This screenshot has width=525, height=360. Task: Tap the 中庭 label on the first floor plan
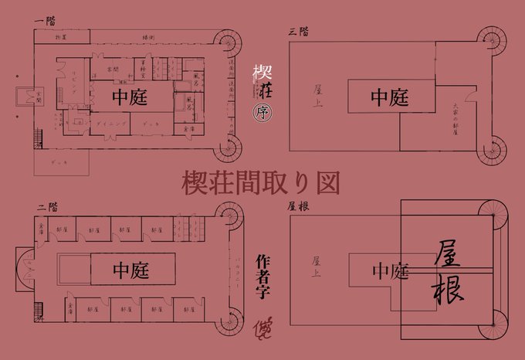click(x=130, y=98)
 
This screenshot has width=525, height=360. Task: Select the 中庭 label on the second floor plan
click(x=131, y=270)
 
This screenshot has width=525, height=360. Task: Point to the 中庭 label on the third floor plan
click(x=389, y=97)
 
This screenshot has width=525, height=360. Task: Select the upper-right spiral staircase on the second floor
click(x=229, y=217)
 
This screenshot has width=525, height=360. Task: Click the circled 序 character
click(x=261, y=112)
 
